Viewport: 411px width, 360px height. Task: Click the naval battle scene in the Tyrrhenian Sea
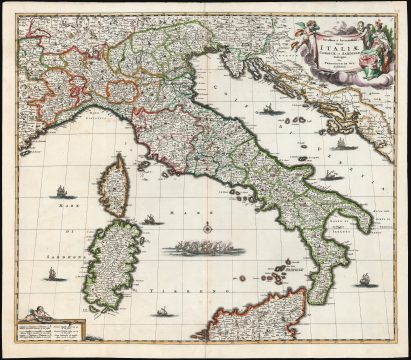208,246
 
